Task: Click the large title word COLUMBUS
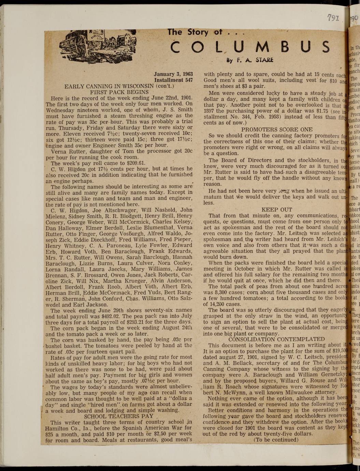pos(251,47)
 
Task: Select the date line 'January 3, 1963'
pos(173,74)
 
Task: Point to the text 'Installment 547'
pos(173,80)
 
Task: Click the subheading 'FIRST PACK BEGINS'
pos(119,92)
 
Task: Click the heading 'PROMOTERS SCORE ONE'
pos(277,129)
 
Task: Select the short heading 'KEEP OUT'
pos(277,210)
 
